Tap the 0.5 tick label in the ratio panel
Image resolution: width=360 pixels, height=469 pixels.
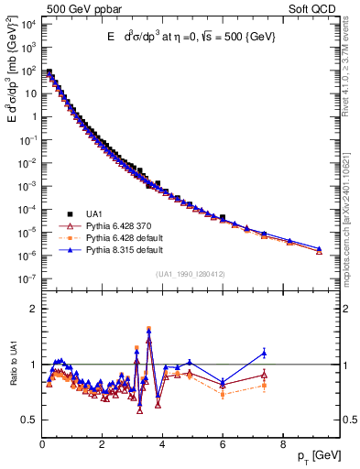tap(27, 420)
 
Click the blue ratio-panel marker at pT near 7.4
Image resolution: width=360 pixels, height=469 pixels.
tap(264, 353)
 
